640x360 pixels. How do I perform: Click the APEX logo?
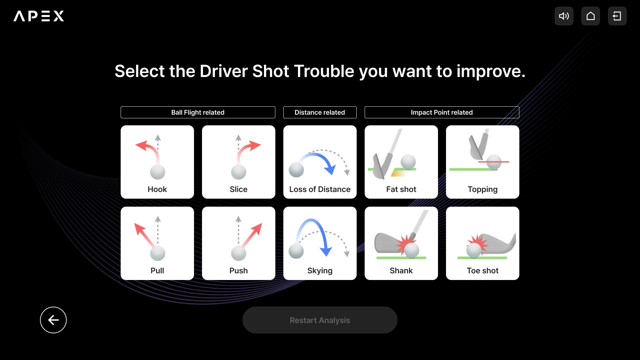click(39, 16)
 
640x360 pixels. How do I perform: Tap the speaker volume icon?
click(564, 16)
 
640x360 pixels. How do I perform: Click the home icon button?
click(591, 16)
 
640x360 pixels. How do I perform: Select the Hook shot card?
click(157, 162)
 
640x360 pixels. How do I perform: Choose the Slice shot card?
click(239, 162)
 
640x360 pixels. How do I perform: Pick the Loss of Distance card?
click(320, 162)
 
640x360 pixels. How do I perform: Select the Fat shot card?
click(401, 162)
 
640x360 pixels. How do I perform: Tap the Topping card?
click(483, 162)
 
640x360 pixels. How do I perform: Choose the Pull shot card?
click(157, 243)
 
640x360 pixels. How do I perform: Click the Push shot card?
click(239, 243)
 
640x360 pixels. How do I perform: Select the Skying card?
click(320, 243)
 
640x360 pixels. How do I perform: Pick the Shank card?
click(401, 243)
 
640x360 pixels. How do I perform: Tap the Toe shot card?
click(483, 243)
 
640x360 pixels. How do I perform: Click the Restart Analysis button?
click(320, 320)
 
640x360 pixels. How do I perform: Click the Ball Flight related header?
click(198, 112)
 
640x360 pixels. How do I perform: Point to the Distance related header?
click(320, 112)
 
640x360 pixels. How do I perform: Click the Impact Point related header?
click(442, 112)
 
